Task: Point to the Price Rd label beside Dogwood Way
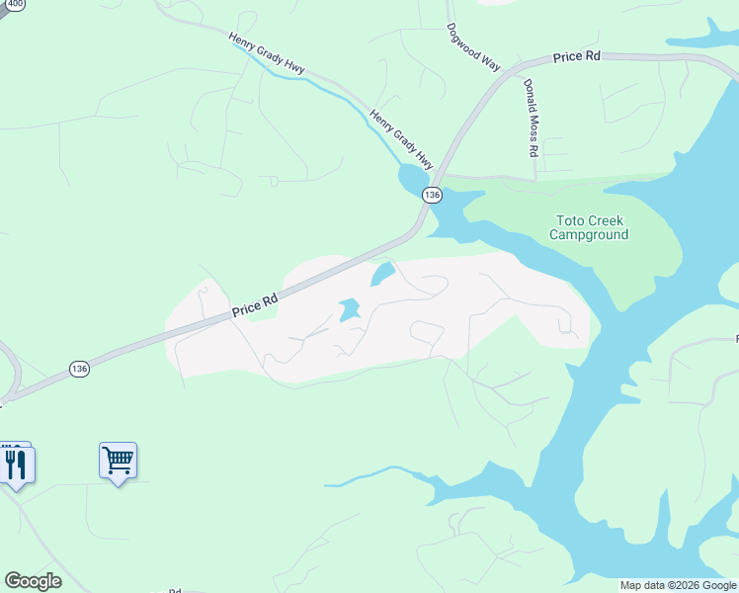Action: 577,57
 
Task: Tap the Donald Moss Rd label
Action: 531,119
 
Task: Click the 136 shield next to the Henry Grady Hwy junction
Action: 432,195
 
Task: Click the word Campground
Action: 589,235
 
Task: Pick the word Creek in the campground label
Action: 607,220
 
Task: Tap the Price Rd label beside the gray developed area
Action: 256,303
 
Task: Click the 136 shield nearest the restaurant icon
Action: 80,369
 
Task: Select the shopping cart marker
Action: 118,460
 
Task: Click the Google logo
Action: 33,581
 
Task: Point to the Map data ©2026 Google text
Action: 678,585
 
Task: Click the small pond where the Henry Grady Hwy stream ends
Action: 410,180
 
